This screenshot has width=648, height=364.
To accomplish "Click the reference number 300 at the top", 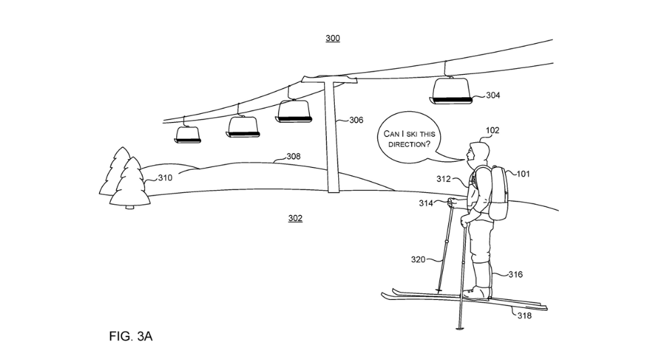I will [333, 38].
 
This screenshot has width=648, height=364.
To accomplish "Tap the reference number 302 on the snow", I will [295, 218].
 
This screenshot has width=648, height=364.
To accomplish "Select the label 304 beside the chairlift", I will [493, 96].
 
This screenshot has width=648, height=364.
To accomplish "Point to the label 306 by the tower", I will [356, 121].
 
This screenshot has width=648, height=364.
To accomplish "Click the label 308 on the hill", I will [293, 156].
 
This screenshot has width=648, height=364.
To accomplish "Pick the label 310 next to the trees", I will [165, 178].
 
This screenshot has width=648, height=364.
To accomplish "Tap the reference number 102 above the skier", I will [493, 131].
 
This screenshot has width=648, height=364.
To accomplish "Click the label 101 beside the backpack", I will [523, 174].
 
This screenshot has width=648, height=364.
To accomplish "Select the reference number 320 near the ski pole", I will [418, 260].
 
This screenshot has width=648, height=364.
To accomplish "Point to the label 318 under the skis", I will [524, 315].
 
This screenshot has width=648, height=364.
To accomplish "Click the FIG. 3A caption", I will [131, 336].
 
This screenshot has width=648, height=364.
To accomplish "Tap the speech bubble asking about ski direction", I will [408, 140].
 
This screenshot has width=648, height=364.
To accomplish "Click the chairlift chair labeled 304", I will [452, 90].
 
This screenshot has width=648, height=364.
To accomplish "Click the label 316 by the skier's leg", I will [515, 274].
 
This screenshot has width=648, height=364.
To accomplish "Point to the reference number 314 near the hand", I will [426, 203].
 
